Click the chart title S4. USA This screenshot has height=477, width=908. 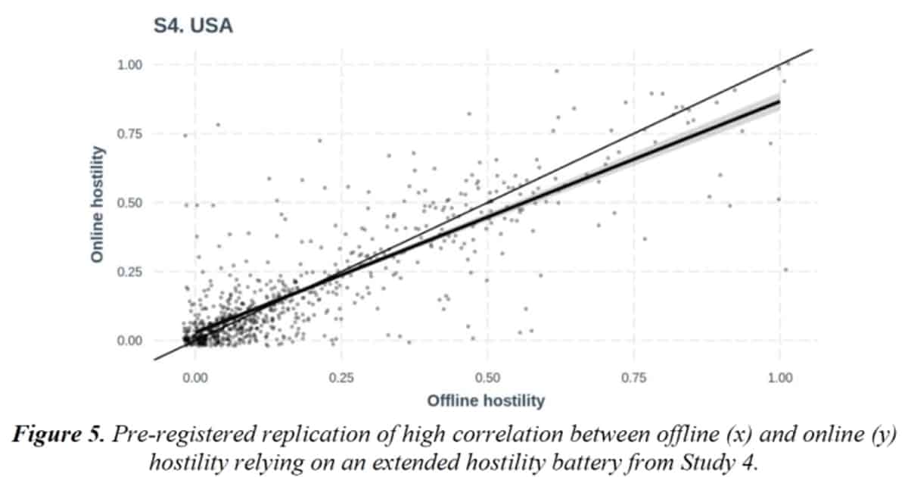(193, 27)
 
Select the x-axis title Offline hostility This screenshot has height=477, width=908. (486, 400)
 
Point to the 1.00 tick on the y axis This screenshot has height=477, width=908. (129, 65)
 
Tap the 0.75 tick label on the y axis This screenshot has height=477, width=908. (129, 134)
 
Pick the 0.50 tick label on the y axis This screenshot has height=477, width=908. (129, 203)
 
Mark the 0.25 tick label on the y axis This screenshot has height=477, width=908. (129, 272)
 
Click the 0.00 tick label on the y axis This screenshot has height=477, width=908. (129, 341)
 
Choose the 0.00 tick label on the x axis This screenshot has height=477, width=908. (195, 377)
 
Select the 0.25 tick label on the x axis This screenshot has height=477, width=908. (341, 377)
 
